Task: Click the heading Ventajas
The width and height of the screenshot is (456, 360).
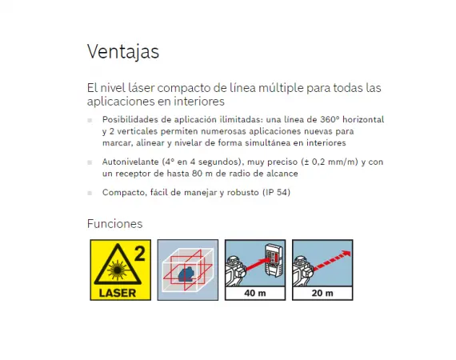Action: click(x=123, y=52)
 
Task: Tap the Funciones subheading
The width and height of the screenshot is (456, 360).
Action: click(x=115, y=224)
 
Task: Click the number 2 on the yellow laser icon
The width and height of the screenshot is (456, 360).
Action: click(x=140, y=254)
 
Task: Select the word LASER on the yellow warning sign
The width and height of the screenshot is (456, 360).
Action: click(x=118, y=293)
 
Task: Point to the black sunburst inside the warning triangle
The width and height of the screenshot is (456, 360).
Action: click(x=118, y=270)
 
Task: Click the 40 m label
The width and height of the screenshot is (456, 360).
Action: click(x=255, y=293)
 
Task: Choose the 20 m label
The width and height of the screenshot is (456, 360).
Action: click(x=322, y=293)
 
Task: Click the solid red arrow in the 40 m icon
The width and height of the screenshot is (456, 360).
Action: click(x=258, y=264)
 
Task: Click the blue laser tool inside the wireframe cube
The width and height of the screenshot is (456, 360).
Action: click(x=187, y=274)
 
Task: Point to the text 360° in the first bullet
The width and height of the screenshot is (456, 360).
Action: click(x=330, y=119)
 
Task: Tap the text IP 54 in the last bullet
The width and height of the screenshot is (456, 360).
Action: click(x=276, y=192)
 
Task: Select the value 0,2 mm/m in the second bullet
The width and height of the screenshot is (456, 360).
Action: click(x=334, y=162)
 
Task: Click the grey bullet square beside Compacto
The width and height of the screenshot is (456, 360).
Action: click(x=90, y=193)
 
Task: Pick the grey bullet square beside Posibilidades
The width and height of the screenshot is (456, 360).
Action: click(x=90, y=120)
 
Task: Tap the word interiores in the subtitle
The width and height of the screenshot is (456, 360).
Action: click(x=199, y=102)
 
